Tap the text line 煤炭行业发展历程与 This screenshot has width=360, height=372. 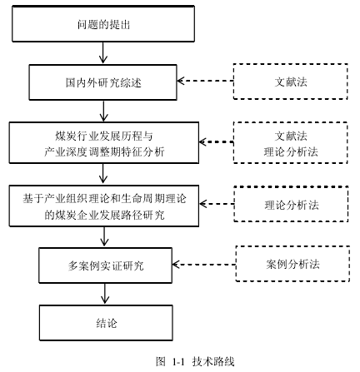tap(104, 136)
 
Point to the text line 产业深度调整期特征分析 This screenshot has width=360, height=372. tap(104, 151)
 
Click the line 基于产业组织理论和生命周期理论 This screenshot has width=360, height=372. tap(104, 199)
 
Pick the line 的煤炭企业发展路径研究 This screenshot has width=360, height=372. tap(104, 215)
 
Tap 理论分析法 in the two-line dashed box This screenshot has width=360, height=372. tap(291, 151)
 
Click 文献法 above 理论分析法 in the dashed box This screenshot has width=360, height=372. tap(291, 136)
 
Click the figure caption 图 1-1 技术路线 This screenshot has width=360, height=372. tap(195, 361)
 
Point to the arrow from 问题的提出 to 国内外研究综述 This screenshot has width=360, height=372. tap(103, 52)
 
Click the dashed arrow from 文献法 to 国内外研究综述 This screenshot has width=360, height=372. tap(205, 81)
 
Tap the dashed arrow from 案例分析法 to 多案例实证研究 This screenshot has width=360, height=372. tap(204, 265)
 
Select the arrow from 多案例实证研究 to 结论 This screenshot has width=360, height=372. tap(105, 294)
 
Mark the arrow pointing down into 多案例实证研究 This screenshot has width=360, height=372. tap(104, 236)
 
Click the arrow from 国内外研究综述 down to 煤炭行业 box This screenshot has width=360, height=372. tap(103, 111)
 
